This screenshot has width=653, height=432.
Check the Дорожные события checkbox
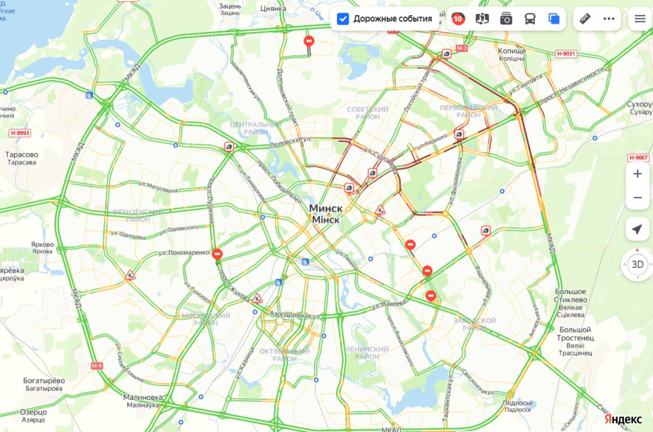coord(342,19)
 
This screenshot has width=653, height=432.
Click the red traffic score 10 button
coord(458,19)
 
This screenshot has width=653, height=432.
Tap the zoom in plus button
coord(637,174)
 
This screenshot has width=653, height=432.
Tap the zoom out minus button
coord(637,198)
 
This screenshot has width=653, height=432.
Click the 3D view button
coord(637,264)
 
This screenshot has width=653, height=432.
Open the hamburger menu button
coord(640,19)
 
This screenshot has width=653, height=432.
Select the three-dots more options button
coord(609,19)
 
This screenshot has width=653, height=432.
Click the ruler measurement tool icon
coord(585,19)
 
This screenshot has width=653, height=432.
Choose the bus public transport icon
coord(530,19)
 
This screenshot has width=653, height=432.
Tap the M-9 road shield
coord(97,365)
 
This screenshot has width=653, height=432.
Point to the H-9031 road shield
coord(566,54)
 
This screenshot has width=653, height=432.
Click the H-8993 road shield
coord(20,132)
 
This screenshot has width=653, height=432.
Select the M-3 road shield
coord(463,48)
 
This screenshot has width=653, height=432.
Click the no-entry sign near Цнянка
coord(309,42)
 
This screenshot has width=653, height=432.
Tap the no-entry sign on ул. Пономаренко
coord(217,255)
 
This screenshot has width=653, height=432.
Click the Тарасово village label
coord(21,154)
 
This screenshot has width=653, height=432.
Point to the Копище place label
coord(512,51)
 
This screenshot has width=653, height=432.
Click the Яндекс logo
coord(622,419)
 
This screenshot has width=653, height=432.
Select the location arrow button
coord(637,230)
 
